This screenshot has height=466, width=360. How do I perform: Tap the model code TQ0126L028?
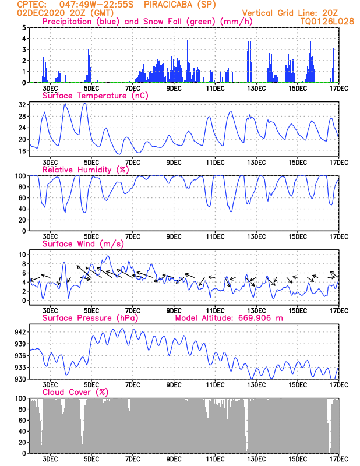pyautogui.click(x=327, y=22)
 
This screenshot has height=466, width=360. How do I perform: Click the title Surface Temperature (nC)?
pyautogui.click(x=95, y=96)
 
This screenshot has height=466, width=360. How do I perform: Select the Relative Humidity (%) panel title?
pyautogui.click(x=86, y=170)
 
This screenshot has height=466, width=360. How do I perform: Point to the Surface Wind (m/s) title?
pyautogui.click(x=83, y=244)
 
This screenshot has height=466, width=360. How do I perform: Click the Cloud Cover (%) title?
pyautogui.click(x=75, y=392)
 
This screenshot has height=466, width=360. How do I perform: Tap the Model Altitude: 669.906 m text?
pyautogui.click(x=229, y=318)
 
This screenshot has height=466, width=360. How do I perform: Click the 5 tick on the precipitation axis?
pyautogui.click(x=24, y=27)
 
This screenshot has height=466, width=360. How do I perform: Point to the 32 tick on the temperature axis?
pyautogui.click(x=22, y=105)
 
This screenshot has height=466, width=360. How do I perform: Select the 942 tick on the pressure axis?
pyautogui.click(x=20, y=331)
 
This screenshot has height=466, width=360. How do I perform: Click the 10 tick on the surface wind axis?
pyautogui.click(x=22, y=255)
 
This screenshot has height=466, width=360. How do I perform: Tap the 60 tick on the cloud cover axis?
pyautogui.click(x=22, y=420)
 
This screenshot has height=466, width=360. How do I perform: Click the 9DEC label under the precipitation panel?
pyautogui.click(x=174, y=89)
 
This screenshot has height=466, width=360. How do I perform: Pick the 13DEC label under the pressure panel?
pyautogui.click(x=256, y=385)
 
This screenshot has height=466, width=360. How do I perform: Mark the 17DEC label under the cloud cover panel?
pyautogui.click(x=339, y=459)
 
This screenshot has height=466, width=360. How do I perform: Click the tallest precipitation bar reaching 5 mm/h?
pyautogui.click(x=269, y=55)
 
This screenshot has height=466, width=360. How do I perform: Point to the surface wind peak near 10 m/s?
pyautogui.click(x=108, y=256)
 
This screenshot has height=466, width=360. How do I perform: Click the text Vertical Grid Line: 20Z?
pyautogui.click(x=290, y=13)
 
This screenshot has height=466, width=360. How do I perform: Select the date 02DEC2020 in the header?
pyautogui.click(x=41, y=13)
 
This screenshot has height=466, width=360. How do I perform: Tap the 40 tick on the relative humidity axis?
pyautogui.click(x=22, y=209)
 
